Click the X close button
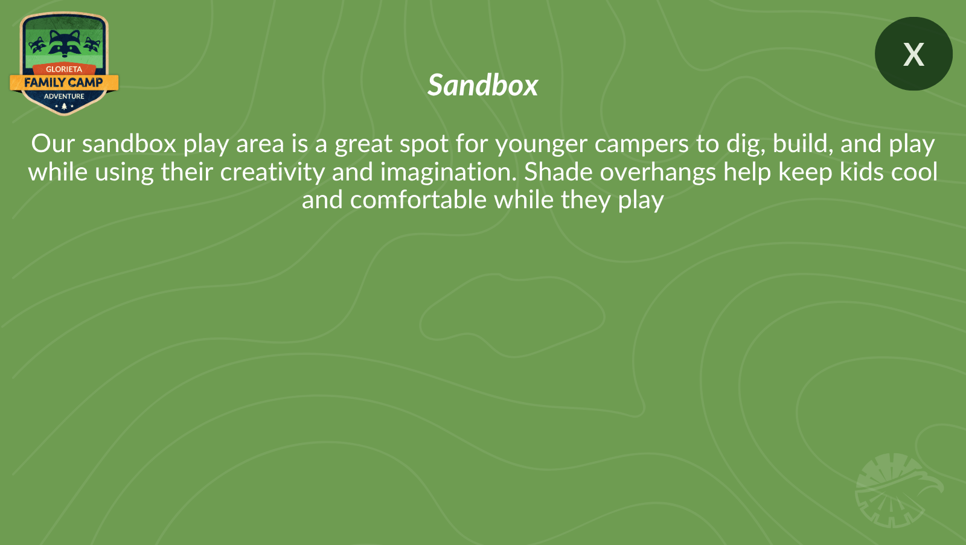pyautogui.click(x=913, y=54)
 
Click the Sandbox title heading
pyautogui.click(x=482, y=85)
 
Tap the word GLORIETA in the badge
pyautogui.click(x=64, y=69)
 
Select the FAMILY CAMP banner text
pyautogui.click(x=64, y=82)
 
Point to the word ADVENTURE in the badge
pyautogui.click(x=64, y=96)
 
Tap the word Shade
pyautogui.click(x=558, y=172)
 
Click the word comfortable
pyautogui.click(x=418, y=200)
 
